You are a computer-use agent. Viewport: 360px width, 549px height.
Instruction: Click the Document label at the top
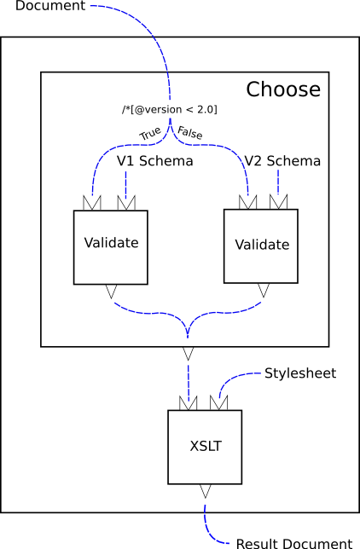click(x=44, y=7)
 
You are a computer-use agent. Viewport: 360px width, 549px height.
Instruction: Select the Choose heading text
click(x=283, y=90)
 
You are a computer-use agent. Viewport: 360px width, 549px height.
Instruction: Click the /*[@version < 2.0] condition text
click(x=170, y=110)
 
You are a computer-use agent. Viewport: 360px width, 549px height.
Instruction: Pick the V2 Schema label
click(x=282, y=161)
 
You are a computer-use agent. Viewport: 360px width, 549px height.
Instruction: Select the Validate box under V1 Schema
click(x=111, y=247)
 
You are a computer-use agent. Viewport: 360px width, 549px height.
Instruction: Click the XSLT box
click(x=205, y=446)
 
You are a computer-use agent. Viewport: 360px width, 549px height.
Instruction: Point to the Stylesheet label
click(x=299, y=373)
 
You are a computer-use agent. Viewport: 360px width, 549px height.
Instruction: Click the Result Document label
click(x=293, y=543)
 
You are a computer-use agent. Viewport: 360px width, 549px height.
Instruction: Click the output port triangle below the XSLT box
click(x=205, y=490)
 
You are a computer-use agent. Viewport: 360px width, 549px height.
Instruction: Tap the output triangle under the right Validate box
click(x=263, y=291)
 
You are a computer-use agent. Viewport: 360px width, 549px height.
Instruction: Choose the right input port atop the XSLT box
click(x=219, y=402)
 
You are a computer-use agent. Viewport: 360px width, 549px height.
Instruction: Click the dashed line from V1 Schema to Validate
click(x=126, y=182)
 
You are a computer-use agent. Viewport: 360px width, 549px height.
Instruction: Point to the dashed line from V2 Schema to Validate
click(x=278, y=182)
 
